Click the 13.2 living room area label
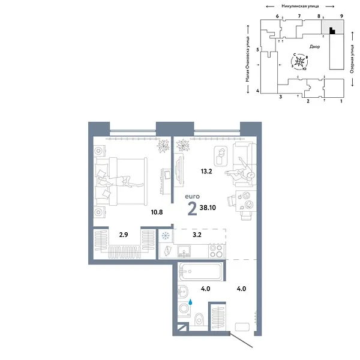[x=206, y=171]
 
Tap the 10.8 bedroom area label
[x=157, y=212]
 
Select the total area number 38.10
[x=208, y=208]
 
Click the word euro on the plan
[x=193, y=197]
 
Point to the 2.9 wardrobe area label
[x=124, y=235]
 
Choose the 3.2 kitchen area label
[x=197, y=235]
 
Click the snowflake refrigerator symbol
[x=166, y=236]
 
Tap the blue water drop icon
[x=190, y=302]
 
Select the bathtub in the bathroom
[x=200, y=272]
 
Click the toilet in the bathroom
[x=199, y=319]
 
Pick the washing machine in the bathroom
[x=184, y=308]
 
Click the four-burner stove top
[x=217, y=251]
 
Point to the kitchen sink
[x=184, y=251]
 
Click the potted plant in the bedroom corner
[x=163, y=146]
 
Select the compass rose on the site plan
[x=299, y=62]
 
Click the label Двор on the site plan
[x=314, y=47]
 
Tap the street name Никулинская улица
[x=300, y=6]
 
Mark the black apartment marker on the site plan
[x=332, y=31]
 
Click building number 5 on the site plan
[x=257, y=50]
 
